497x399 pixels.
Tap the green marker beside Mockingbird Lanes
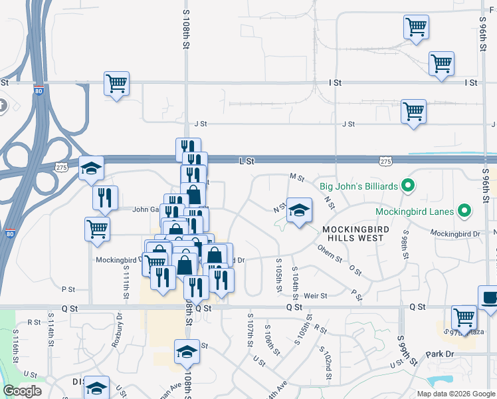(464, 212)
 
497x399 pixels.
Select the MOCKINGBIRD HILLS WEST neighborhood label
(354, 233)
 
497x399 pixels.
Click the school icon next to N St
(299, 210)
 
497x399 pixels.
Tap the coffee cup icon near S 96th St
(490, 298)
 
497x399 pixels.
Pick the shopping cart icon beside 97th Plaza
(463, 317)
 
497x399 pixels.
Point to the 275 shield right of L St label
(385, 161)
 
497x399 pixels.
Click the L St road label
(247, 161)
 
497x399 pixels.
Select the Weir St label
(316, 295)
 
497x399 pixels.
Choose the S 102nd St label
(324, 363)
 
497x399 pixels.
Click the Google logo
(23, 391)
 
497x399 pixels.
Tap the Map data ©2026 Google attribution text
(455, 394)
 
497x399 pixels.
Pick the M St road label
(296, 178)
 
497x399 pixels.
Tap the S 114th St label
(50, 331)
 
